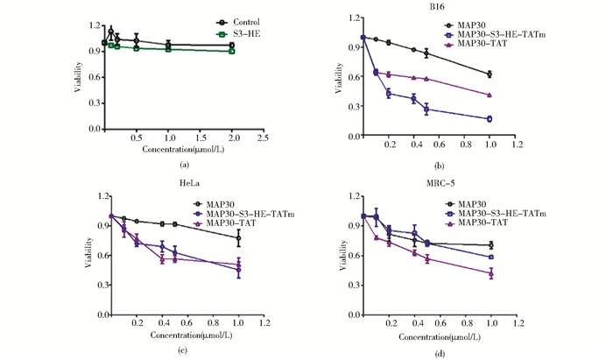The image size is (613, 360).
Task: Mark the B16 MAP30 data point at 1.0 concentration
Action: click(490, 74)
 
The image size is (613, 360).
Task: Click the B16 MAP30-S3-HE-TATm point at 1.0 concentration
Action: click(490, 119)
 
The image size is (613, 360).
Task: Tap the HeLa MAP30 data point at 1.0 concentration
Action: click(238, 237)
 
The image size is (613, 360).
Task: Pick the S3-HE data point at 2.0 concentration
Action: click(231, 51)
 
